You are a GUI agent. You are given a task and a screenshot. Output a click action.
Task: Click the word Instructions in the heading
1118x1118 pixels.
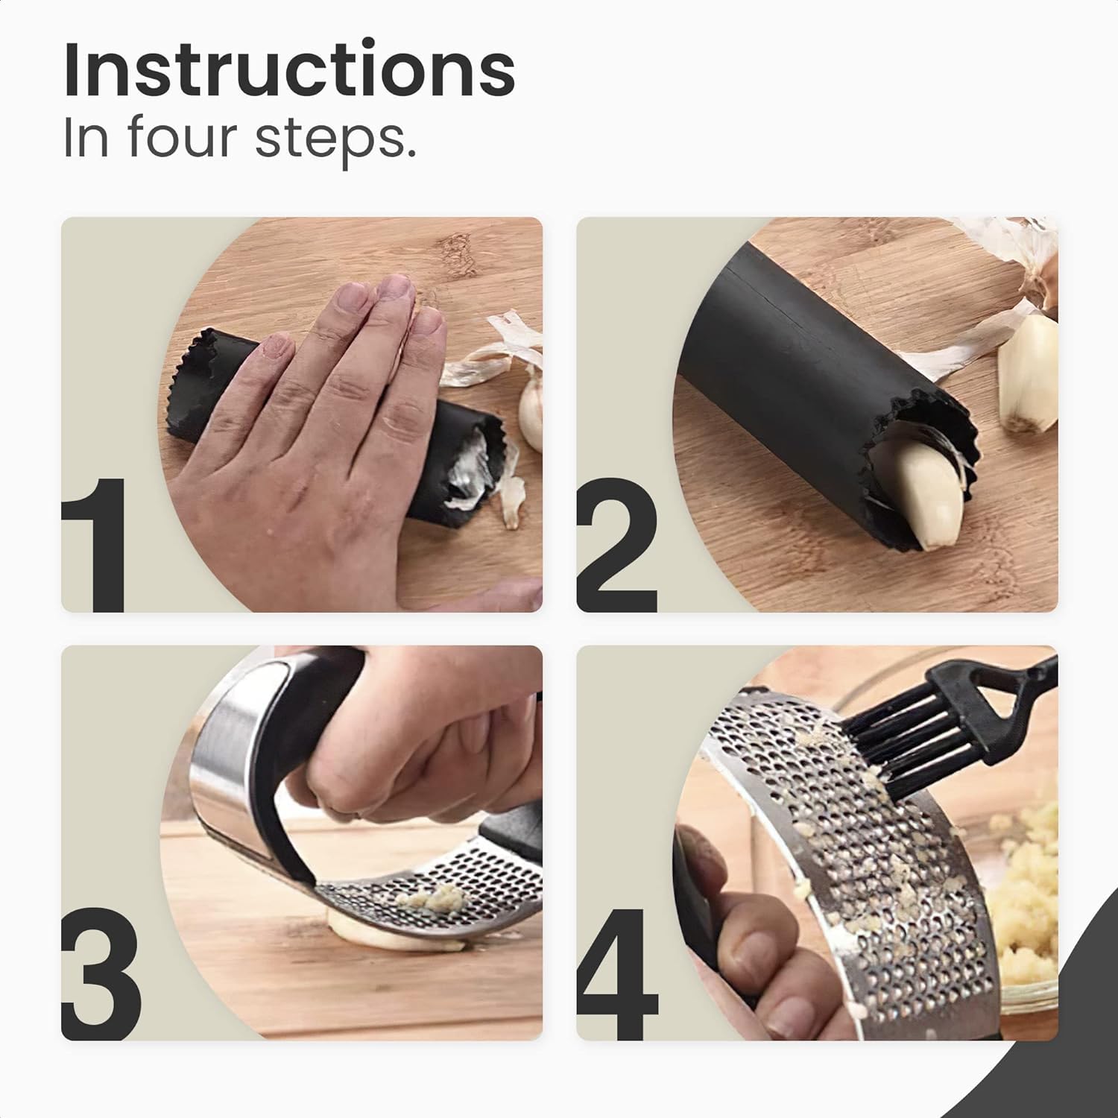tap(289, 71)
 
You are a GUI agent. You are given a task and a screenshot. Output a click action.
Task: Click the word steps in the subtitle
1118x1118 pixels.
tap(335, 140)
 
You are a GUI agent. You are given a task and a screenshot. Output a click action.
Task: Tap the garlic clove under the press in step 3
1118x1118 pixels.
tap(373, 932)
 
